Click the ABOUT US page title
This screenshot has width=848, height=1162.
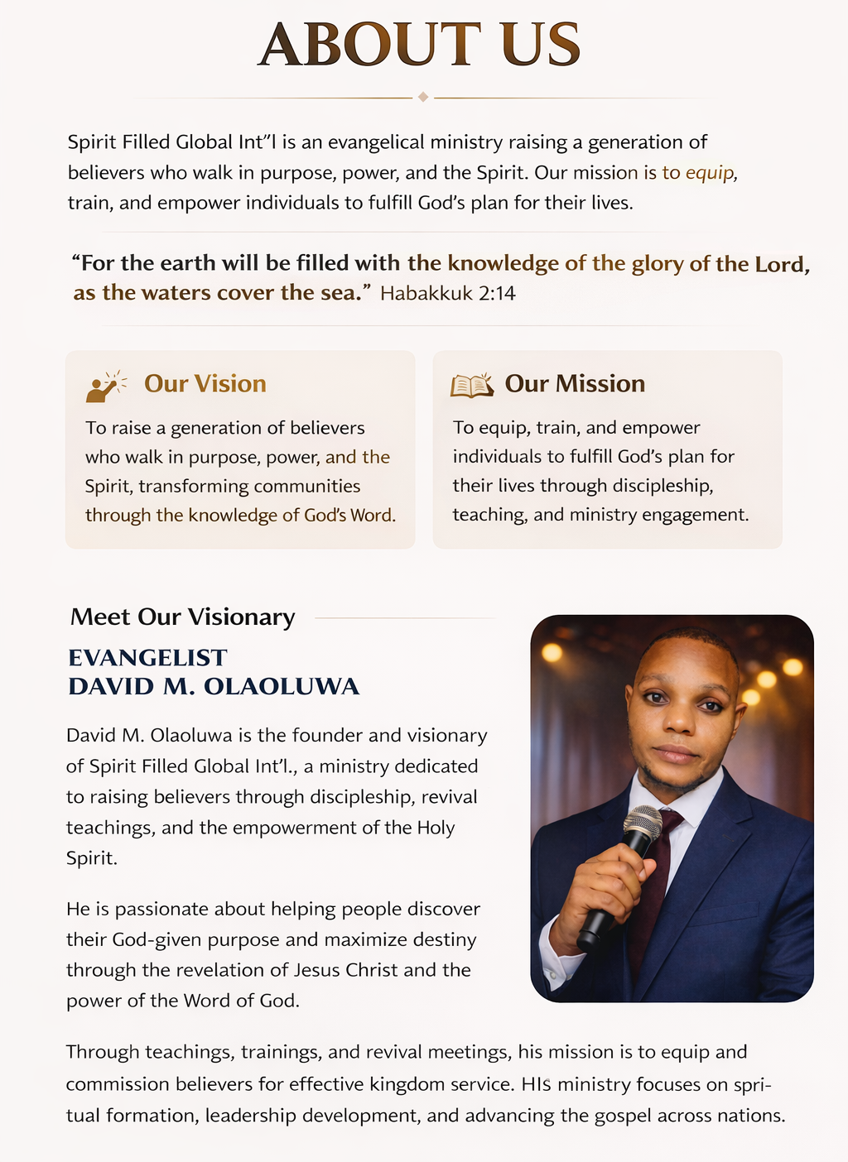420,46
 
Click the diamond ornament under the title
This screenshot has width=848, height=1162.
423,98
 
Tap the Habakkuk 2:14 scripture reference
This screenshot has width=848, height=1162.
447,294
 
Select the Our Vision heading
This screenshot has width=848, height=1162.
205,384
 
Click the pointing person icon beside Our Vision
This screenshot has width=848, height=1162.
106,387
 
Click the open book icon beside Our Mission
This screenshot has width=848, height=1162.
471,386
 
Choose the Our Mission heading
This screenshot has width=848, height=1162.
575,384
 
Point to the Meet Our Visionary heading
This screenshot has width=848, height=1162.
183,617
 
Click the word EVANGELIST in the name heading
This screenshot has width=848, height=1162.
147,658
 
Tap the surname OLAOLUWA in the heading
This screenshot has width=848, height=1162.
282,687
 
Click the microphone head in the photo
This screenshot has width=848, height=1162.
643,823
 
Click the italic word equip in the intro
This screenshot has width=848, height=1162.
709,173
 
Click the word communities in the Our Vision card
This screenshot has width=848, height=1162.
306,487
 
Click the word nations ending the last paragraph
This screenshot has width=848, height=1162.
750,1116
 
